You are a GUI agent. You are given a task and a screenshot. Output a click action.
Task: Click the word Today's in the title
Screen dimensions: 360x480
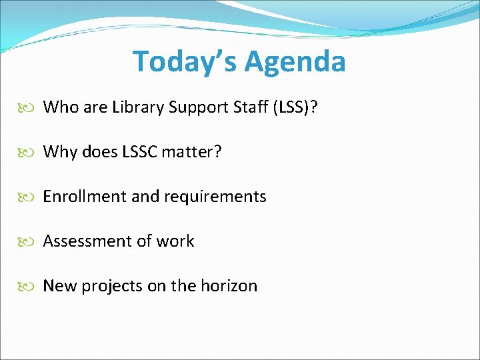[185, 62]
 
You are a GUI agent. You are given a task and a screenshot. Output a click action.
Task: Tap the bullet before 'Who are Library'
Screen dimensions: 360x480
[32, 108]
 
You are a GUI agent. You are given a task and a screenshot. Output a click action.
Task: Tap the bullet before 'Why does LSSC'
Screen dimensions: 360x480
[32, 153]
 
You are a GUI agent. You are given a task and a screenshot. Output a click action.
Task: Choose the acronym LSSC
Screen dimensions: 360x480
[138, 152]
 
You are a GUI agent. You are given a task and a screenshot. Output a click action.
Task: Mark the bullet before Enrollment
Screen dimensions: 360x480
[32, 197]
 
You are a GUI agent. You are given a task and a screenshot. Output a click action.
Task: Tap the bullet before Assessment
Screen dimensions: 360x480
[32, 242]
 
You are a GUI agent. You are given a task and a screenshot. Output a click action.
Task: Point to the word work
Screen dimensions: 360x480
[175, 241]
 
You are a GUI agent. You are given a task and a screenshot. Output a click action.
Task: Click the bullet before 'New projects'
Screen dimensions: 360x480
[32, 287]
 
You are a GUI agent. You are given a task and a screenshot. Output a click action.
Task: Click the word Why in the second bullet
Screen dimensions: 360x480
[60, 152]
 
